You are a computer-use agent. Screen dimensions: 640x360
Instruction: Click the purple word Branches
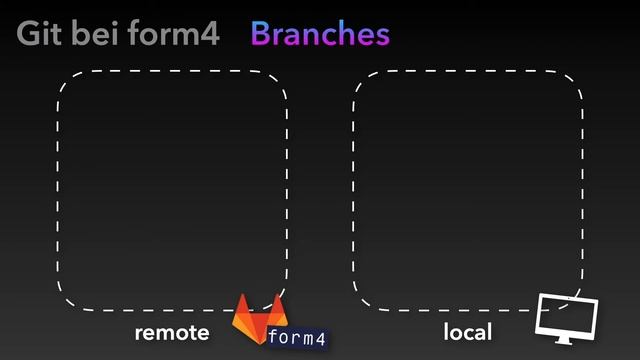click(319, 35)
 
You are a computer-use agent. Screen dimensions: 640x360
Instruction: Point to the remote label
click(172, 332)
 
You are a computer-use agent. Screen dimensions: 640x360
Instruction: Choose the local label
click(467, 332)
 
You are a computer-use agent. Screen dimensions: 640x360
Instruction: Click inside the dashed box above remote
click(172, 190)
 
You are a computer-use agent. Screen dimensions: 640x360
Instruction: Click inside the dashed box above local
click(468, 190)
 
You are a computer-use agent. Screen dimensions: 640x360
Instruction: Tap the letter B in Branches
click(260, 35)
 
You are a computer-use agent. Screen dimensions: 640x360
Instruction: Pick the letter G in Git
click(29, 35)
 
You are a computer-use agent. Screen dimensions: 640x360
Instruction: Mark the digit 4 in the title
click(209, 35)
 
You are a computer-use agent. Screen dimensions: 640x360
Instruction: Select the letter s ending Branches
click(381, 37)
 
